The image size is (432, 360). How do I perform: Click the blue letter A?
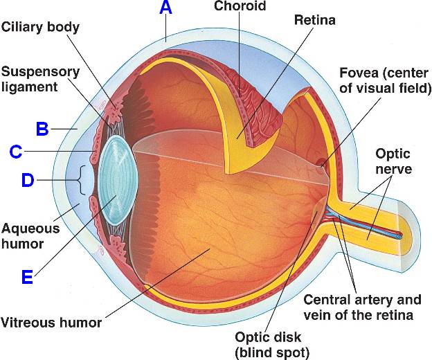click(x=165, y=8)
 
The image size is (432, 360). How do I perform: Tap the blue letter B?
click(x=42, y=128)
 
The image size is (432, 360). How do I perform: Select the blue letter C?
click(x=16, y=151)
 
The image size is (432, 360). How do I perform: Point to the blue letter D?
click(x=28, y=181)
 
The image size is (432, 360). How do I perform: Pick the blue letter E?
click(x=27, y=277)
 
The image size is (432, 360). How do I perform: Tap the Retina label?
click(x=314, y=20)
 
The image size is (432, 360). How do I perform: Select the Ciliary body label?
click(x=40, y=28)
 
